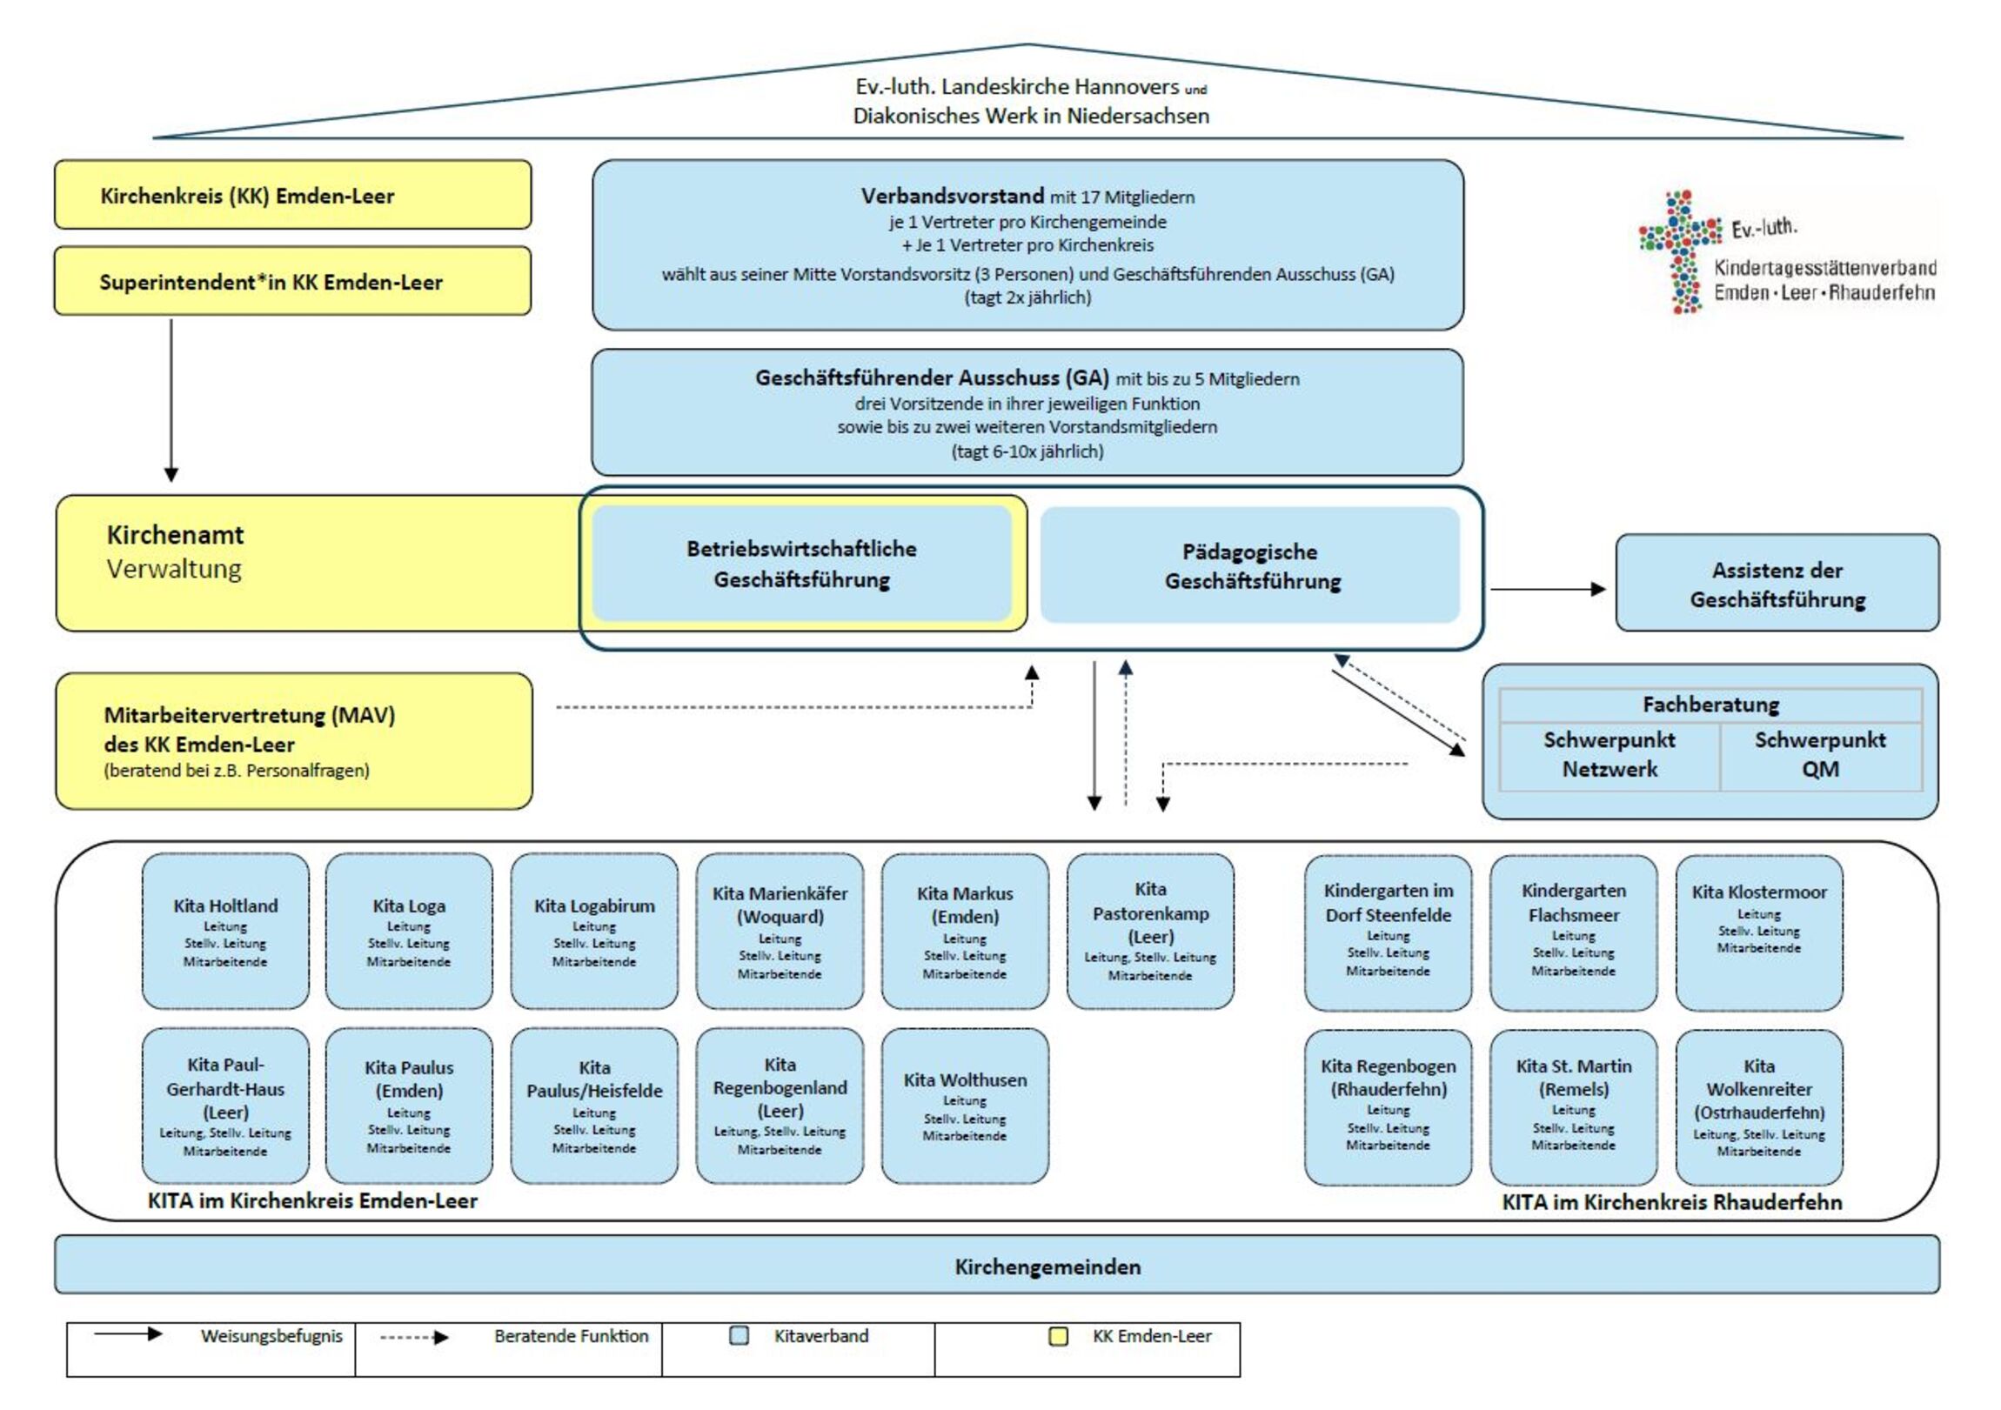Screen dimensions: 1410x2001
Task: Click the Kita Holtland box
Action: [x=224, y=931]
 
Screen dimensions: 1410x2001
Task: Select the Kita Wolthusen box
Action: [x=965, y=1105]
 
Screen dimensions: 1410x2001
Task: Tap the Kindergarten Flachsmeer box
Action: [x=1573, y=932]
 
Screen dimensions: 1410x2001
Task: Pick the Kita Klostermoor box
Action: [x=1759, y=932]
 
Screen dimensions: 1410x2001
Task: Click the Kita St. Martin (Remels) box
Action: [x=1573, y=1106]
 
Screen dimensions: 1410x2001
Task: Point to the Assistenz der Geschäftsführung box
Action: [x=1777, y=583]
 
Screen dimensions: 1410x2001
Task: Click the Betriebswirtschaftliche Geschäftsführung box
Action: [x=801, y=564]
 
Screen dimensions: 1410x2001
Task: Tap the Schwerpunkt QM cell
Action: [x=1820, y=755]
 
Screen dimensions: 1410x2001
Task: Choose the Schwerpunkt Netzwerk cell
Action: [x=1609, y=755]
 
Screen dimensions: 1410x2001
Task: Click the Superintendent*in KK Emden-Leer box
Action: [x=292, y=282]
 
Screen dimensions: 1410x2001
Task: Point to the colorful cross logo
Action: [x=1680, y=251]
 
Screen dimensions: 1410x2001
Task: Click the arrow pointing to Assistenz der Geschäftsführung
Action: [x=1548, y=589]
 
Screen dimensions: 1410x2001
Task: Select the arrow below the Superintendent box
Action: [x=171, y=400]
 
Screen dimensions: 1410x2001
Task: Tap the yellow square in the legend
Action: [x=1058, y=1336]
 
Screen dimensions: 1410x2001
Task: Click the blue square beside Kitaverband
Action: [x=739, y=1336]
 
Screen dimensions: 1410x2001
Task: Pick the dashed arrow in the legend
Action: [x=414, y=1337]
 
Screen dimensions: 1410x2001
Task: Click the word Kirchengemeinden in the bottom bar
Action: [x=1047, y=1266]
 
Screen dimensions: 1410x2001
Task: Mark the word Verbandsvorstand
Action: [x=952, y=196]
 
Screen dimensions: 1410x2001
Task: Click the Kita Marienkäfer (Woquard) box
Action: [x=780, y=931]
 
